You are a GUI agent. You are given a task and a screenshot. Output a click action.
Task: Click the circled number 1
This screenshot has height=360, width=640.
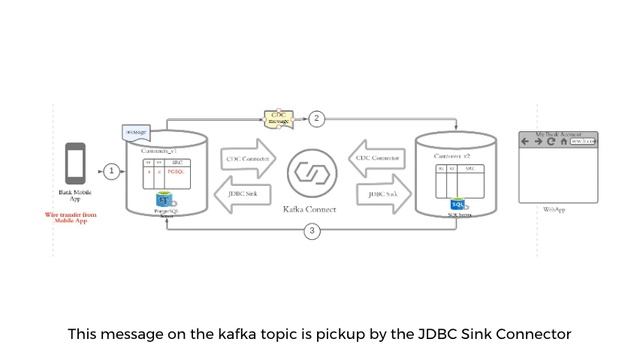point(111,171)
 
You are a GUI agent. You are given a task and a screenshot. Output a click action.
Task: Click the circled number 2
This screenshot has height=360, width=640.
point(317,118)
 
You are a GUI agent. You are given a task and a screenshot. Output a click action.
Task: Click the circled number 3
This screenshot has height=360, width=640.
point(312,231)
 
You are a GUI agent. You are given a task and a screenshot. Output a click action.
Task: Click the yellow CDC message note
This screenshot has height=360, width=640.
point(278,119)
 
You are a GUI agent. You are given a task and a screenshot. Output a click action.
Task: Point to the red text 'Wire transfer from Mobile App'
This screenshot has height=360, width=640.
point(70,217)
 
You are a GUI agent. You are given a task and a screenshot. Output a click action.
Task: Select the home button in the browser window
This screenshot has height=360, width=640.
point(564,142)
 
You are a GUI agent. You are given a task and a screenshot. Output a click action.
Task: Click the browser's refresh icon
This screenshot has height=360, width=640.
point(552,142)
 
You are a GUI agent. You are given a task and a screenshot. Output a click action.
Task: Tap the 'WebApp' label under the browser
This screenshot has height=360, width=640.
point(554,210)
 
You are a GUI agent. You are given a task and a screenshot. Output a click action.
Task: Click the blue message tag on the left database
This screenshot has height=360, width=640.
point(136,132)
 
